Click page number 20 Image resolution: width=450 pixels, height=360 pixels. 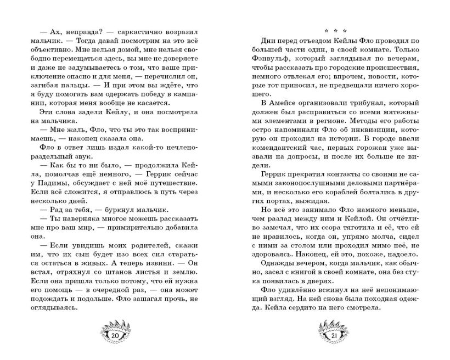point(115,335)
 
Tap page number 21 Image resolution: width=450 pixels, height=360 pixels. point(333,335)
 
